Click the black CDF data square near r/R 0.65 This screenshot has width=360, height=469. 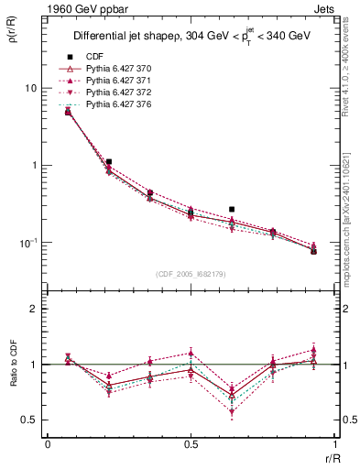(232, 210)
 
